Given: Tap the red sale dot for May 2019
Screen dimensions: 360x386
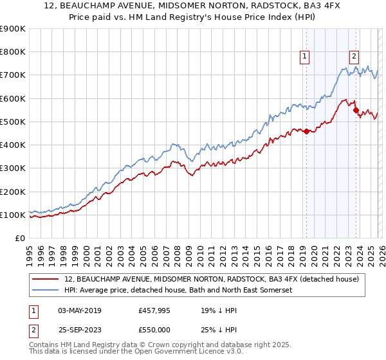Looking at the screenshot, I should pyautogui.click(x=306, y=132).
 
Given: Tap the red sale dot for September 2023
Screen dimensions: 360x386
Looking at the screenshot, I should pyautogui.click(x=356, y=111).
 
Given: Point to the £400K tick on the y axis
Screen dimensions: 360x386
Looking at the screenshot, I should pyautogui.click(x=13, y=145).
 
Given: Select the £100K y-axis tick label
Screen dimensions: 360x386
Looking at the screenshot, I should pyautogui.click(x=13, y=215).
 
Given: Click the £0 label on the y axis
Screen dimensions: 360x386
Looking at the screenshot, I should pyautogui.click(x=19, y=239).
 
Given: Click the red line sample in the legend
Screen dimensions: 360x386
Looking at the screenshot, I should pyautogui.click(x=46, y=279).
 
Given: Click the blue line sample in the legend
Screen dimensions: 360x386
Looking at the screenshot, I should pyautogui.click(x=46, y=290).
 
